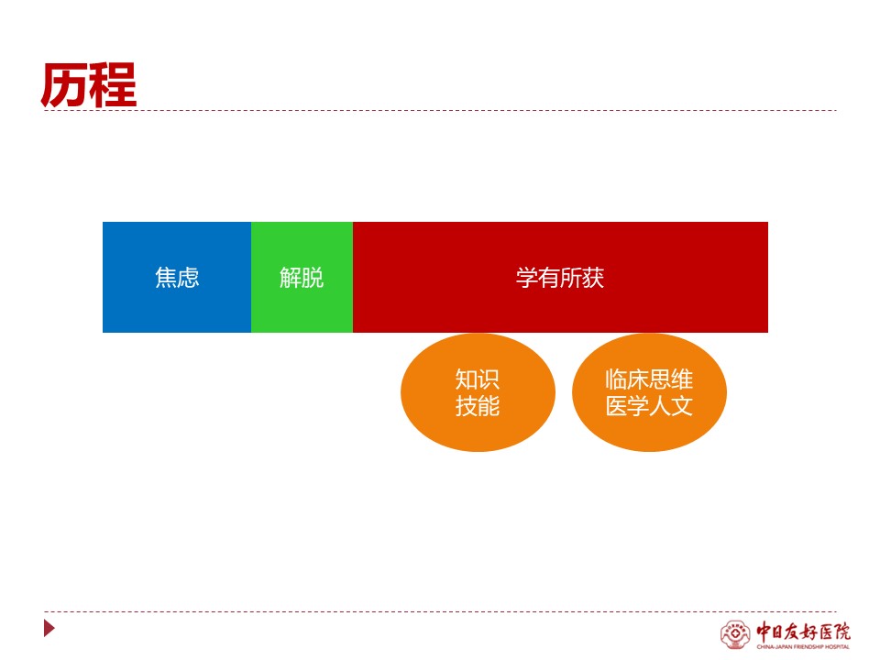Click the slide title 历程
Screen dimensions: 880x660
click(89, 84)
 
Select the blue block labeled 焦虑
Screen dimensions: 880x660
click(177, 277)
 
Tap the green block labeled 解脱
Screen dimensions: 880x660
click(302, 277)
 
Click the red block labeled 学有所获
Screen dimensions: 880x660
click(560, 277)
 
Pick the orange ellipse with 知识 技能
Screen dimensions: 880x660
click(478, 392)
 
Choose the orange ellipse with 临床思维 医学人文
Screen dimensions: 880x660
click(649, 392)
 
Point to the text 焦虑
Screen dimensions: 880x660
click(177, 277)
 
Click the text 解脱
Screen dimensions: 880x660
click(302, 277)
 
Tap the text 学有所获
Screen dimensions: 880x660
click(560, 277)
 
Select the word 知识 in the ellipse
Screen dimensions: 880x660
click(478, 379)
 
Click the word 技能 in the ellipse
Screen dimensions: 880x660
click(478, 406)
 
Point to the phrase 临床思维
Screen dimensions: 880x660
click(649, 379)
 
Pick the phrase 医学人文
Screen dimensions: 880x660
click(649, 406)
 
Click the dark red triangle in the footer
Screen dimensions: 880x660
click(49, 628)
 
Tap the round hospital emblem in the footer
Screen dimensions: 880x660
click(735, 634)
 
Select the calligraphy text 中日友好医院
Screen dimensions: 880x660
click(803, 632)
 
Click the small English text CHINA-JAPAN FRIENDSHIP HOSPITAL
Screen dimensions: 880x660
click(803, 647)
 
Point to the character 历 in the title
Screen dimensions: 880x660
click(64, 84)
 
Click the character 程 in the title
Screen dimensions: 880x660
click(114, 84)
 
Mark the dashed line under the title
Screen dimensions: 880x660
click(440, 111)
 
